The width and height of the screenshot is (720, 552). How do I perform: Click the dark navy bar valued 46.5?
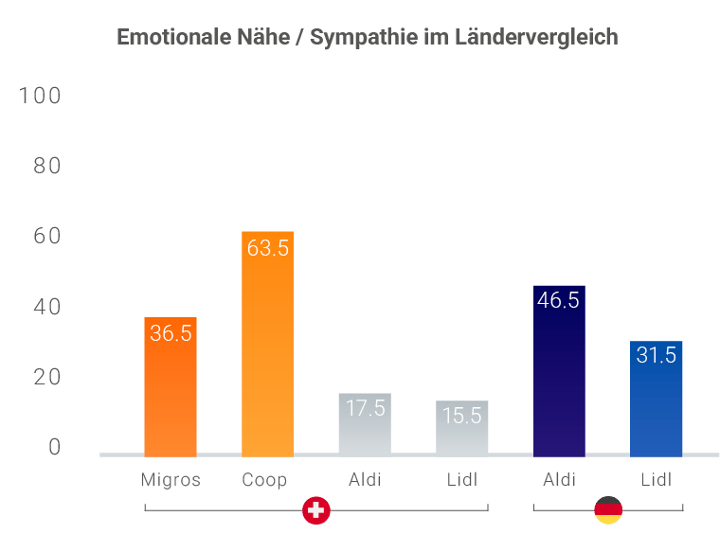[x=559, y=379]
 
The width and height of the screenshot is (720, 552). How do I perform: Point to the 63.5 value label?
[x=267, y=248]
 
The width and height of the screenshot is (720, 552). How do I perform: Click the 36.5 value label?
[x=171, y=333]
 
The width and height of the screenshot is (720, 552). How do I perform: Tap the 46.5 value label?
[x=559, y=301]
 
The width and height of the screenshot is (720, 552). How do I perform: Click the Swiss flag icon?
[x=316, y=510]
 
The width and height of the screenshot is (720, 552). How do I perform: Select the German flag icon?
[x=607, y=510]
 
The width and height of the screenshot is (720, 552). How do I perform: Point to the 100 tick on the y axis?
[x=40, y=96]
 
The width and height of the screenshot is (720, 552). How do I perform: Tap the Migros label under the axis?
[x=171, y=479]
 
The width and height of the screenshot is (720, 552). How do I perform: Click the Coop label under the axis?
[x=264, y=479]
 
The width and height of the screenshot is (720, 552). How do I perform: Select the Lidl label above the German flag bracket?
[x=656, y=479]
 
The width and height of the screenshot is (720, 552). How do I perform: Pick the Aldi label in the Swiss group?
[x=365, y=479]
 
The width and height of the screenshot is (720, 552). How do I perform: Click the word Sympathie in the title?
[x=359, y=38]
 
